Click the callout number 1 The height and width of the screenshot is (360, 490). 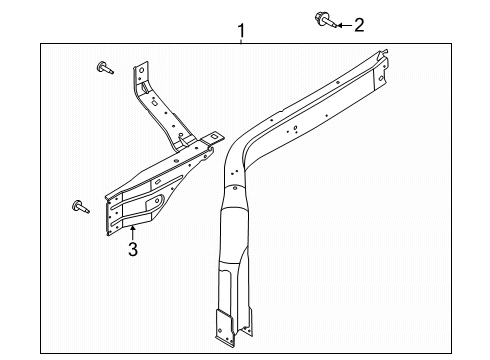[x=241, y=31]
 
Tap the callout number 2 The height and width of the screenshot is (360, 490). [x=359, y=25]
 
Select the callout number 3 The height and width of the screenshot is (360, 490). [x=133, y=249]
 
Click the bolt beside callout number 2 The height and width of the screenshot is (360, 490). [x=326, y=20]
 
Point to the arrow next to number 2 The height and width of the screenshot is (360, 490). [x=344, y=25]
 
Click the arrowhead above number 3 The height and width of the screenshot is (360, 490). [x=133, y=228]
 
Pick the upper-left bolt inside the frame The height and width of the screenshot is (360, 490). [x=105, y=68]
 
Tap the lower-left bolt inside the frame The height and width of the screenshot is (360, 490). [x=80, y=207]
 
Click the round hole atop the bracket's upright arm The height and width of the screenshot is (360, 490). [x=141, y=71]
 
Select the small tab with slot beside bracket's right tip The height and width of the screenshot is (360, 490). [x=213, y=138]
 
